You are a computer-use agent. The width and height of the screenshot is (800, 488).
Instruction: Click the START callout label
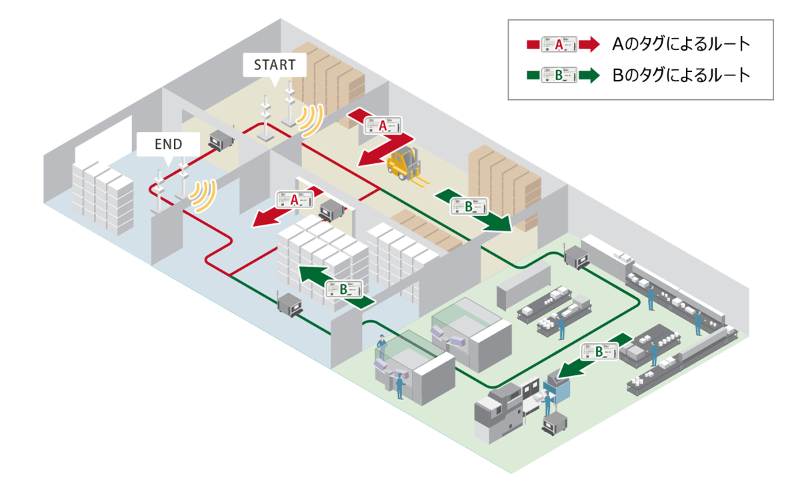[274, 65]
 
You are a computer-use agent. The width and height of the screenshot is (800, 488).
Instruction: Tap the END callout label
[168, 143]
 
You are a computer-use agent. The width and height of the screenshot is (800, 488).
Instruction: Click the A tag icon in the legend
[559, 45]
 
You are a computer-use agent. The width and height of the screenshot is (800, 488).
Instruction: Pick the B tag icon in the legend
[559, 75]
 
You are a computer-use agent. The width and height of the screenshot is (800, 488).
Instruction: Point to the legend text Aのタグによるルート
[681, 45]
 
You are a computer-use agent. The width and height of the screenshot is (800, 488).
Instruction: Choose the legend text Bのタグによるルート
[681, 75]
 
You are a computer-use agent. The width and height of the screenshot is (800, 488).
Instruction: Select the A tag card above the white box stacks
[295, 199]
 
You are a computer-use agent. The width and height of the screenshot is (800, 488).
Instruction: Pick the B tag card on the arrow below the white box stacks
[344, 289]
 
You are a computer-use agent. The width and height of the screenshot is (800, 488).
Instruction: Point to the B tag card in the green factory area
[597, 351]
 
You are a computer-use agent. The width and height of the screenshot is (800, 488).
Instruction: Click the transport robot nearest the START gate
[221, 139]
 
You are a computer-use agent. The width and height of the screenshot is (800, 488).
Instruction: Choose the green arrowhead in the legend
[589, 75]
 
